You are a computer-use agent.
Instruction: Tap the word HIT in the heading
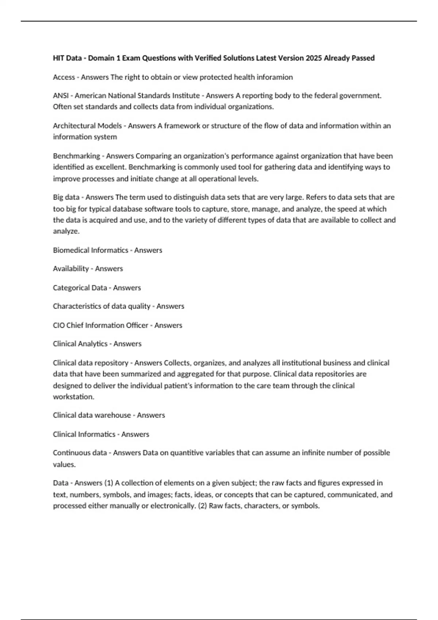click(x=58, y=58)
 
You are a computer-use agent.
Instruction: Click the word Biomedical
click(x=71, y=250)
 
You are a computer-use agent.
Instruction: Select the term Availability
click(x=71, y=269)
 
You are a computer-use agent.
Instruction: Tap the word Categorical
click(x=71, y=288)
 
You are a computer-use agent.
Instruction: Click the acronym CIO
click(x=59, y=325)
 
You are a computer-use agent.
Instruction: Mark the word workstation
click(x=73, y=397)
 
